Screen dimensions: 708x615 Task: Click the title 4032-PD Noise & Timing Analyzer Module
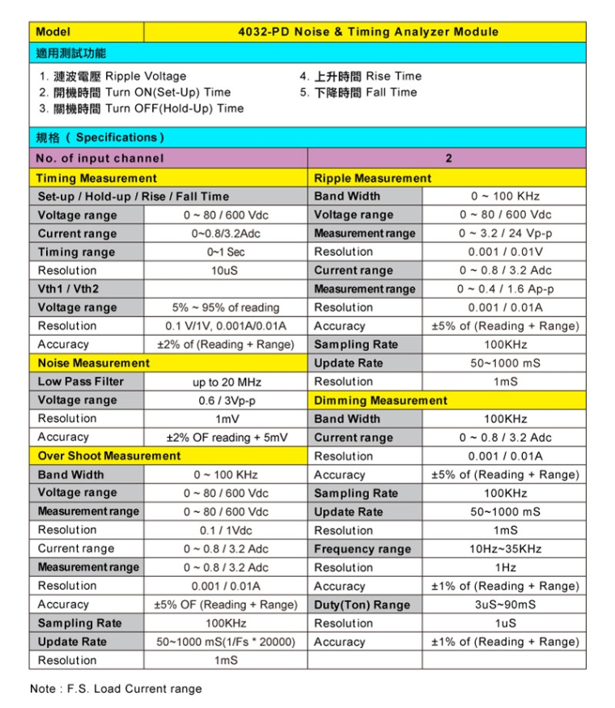[367, 32]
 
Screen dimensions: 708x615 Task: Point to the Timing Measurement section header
[97, 178]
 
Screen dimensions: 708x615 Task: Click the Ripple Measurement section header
[372, 178]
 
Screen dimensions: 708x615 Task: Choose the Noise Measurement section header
[94, 363]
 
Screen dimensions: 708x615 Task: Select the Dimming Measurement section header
[380, 401]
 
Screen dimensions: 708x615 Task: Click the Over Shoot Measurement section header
[109, 456]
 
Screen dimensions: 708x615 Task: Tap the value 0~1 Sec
[226, 252]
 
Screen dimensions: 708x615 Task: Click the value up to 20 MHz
[226, 382]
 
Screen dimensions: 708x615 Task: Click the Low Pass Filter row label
[81, 381]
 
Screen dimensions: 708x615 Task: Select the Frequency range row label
[363, 549]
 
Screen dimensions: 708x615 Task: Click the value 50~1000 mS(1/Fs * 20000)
[226, 642]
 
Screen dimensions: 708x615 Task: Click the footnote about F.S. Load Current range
[116, 689]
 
